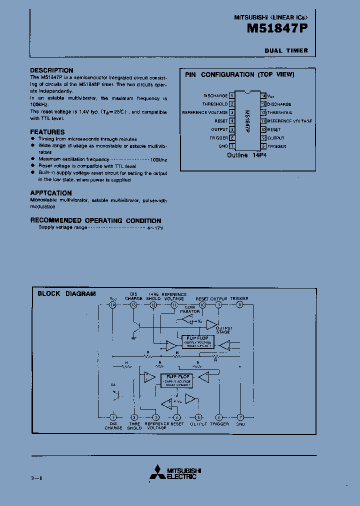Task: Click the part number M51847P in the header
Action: [277, 29]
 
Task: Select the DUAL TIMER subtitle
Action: [286, 50]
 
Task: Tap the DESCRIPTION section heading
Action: [51, 70]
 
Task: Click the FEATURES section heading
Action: [47, 132]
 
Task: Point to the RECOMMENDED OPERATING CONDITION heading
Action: [95, 220]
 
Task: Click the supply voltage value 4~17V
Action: [155, 227]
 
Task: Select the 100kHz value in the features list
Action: [159, 159]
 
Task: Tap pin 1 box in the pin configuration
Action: [232, 95]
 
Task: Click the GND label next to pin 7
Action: [223, 146]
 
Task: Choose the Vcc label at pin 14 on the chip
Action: [270, 95]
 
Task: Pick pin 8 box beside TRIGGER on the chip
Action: [263, 146]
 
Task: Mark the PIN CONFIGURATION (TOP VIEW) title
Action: [239, 75]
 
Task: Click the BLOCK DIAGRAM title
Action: [66, 293]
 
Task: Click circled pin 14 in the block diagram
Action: [112, 304]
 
